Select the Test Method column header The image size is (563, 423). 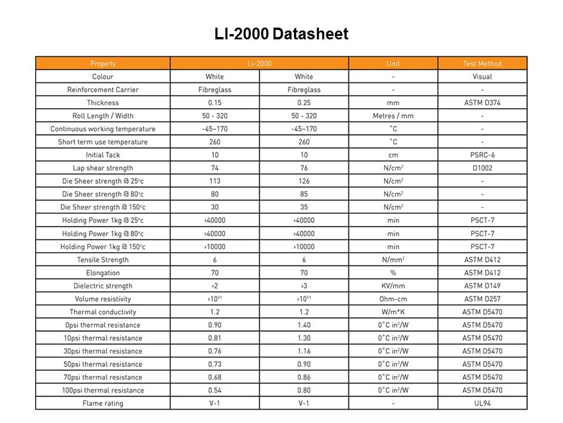coord(482,63)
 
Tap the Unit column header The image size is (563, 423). coord(393,63)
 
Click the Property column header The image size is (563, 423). coord(103,63)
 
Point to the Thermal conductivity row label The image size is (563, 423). coord(103,312)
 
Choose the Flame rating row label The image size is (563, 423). coord(103,403)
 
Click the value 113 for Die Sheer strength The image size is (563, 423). coord(215,181)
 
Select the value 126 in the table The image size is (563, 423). coord(304,181)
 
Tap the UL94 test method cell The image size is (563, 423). coord(482,403)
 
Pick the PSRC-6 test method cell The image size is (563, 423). coord(482,155)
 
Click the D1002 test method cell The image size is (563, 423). coord(482,168)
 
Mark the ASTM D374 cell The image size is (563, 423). coord(482,103)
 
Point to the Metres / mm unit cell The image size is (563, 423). coord(393,116)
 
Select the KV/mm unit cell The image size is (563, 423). coord(393,286)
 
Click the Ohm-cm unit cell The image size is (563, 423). coord(393,299)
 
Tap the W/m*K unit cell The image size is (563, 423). coord(393,312)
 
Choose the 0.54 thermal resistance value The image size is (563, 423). coord(215,390)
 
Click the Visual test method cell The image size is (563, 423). coord(482,76)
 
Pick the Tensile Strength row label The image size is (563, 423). coord(103,260)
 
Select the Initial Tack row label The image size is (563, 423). coord(103,155)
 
